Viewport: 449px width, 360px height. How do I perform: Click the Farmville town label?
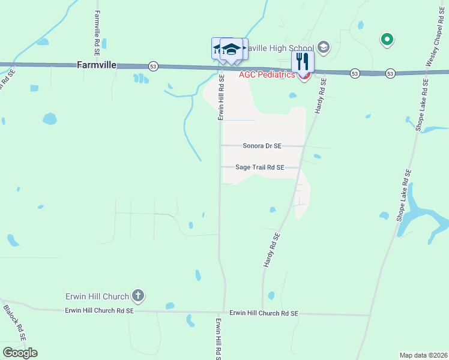click(96, 65)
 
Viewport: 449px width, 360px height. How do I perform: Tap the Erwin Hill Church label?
click(97, 296)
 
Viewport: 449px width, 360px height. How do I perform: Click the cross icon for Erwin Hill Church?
click(138, 295)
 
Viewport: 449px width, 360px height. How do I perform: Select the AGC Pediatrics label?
click(267, 74)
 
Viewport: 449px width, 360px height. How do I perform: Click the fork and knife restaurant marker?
click(303, 61)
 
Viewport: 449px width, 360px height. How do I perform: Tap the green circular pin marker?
click(387, 40)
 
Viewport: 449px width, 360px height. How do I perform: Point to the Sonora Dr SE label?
click(262, 146)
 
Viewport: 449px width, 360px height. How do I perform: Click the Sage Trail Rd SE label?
click(259, 168)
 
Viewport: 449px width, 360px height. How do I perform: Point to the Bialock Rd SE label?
click(14, 323)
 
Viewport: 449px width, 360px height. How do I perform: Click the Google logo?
click(20, 352)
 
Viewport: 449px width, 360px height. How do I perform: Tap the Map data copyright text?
click(424, 355)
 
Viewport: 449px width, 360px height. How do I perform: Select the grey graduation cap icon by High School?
click(324, 47)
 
